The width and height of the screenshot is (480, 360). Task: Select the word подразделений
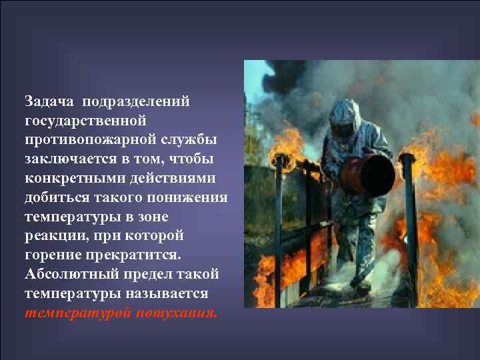(137, 102)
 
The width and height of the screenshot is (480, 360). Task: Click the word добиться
(59, 199)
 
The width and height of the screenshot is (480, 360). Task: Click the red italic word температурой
(78, 314)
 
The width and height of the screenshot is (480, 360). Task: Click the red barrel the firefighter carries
(369, 171)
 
